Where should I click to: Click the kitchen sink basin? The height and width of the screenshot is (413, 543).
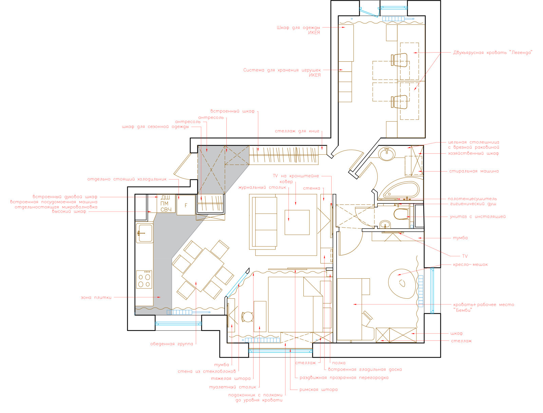click(x=145, y=233)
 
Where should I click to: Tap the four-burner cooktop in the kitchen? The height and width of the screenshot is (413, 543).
click(x=144, y=279)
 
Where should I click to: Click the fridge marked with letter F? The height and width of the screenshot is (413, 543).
click(x=186, y=205)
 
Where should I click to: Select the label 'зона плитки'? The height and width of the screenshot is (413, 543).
click(x=96, y=297)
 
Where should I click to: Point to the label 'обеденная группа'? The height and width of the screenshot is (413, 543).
click(x=172, y=344)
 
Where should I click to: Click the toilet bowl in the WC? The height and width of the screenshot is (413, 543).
click(x=400, y=214)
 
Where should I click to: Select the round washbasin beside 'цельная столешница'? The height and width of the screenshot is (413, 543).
click(x=387, y=154)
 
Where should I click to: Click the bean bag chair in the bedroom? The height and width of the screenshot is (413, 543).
click(x=402, y=284)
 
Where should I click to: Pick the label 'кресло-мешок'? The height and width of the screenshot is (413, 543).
click(x=470, y=264)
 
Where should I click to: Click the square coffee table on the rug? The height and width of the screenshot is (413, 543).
click(x=297, y=222)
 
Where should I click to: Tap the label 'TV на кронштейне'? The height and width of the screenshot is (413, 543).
click(x=296, y=176)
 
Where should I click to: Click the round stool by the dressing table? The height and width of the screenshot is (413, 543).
click(x=247, y=317)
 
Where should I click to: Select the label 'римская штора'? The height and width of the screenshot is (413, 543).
click(x=318, y=390)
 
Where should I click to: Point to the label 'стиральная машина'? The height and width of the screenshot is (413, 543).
click(x=474, y=171)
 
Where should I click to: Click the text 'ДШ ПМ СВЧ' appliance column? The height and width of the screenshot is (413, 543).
click(x=166, y=204)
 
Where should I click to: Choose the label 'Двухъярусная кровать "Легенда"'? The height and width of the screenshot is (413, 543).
click(x=492, y=53)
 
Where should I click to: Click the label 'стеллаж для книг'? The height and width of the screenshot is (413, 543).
click(x=297, y=131)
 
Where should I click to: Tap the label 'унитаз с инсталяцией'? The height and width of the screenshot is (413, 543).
click(x=478, y=217)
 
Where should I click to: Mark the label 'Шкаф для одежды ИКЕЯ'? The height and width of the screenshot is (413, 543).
click(x=298, y=30)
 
